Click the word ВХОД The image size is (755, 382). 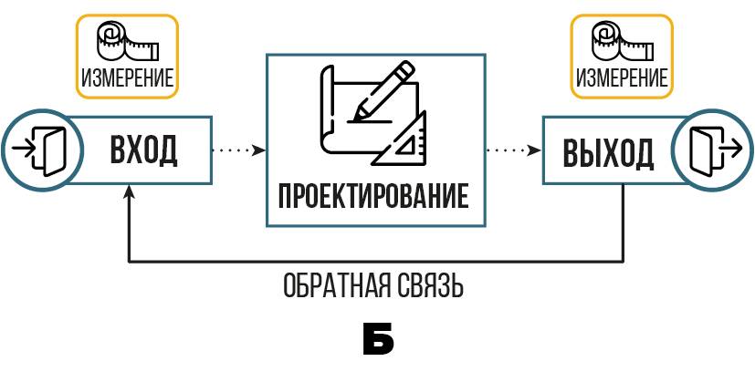pos(143,150)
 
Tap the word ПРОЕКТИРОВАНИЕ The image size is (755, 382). pos(373,196)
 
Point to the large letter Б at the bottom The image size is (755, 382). pos(377,339)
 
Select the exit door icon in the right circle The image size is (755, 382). pos(710,149)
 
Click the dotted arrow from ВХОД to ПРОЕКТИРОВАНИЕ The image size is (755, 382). pos(238,150)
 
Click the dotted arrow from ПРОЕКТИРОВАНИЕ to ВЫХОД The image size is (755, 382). pos(512,150)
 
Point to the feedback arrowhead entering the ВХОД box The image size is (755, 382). pos(130,191)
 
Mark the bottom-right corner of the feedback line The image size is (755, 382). pos(623,263)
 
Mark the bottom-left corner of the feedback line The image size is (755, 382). pos(130,263)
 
